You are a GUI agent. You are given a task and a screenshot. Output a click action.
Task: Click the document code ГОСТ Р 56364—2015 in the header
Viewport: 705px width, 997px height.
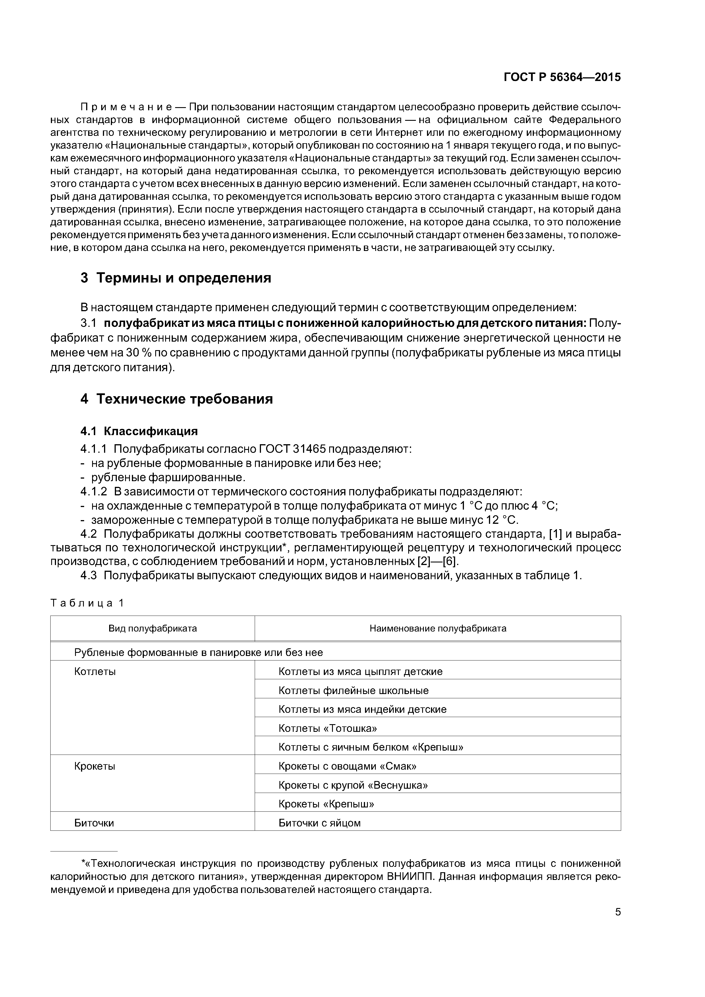[x=562, y=77]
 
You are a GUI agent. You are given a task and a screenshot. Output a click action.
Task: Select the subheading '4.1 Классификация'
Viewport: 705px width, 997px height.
[x=139, y=431]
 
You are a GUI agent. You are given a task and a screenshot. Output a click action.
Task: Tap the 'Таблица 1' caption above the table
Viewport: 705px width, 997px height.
[x=87, y=603]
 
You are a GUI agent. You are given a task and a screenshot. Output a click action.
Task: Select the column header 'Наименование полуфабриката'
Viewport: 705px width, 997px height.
[x=437, y=628]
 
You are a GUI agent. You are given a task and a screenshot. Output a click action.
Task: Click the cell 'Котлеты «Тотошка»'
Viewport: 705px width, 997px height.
[x=327, y=728]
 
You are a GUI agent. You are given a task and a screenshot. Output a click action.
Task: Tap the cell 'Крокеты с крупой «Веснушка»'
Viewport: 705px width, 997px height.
[x=353, y=785]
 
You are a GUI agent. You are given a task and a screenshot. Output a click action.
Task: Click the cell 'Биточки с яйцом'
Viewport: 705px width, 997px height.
[x=319, y=823]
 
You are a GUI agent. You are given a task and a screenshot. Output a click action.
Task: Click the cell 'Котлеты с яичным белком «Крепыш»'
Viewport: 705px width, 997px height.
[x=370, y=747]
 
